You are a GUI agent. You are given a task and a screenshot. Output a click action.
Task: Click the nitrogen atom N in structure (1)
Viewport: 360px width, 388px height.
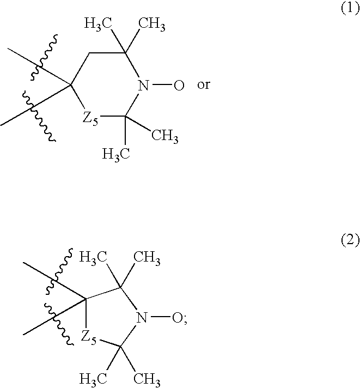pos(143,86)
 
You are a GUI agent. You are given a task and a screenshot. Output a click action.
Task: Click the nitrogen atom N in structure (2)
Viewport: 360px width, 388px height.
pos(142,318)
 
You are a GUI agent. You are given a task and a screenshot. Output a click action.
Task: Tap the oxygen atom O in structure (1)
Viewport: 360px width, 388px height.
pos(179,86)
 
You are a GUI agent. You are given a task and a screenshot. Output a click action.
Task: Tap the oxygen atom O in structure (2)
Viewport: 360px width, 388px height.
pos(177,318)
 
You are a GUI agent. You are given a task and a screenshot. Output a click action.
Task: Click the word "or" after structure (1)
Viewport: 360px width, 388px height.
pos(204,85)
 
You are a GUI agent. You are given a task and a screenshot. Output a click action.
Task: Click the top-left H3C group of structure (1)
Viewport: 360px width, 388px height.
pos(98,24)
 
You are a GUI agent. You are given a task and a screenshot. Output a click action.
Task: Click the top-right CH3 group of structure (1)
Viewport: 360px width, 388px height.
pos(151,24)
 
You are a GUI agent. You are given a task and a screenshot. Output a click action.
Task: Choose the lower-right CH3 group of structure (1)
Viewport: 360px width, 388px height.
pos(164,136)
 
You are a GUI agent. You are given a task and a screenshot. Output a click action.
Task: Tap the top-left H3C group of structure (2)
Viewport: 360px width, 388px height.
pos(93,257)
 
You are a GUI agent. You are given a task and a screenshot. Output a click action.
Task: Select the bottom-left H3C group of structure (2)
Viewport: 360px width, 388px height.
pos(93,379)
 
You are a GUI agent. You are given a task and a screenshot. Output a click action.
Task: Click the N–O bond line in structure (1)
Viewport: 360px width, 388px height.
pos(162,85)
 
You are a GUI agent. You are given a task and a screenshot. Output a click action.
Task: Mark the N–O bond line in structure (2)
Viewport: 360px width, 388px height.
pos(160,317)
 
